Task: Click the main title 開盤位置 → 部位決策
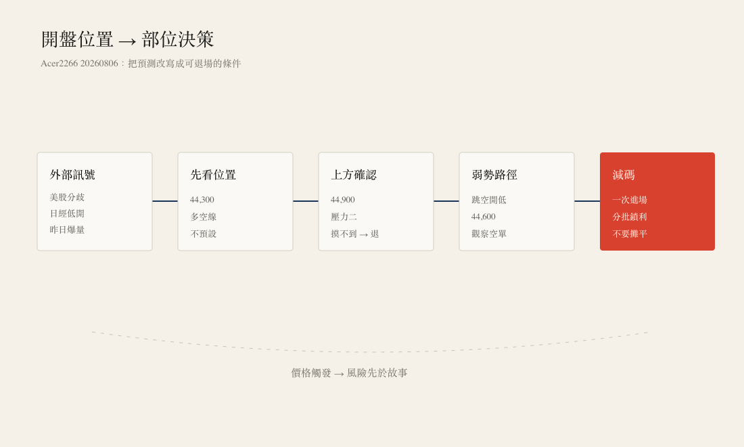pos(127,39)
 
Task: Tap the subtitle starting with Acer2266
pos(141,64)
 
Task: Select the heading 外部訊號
pos(72,175)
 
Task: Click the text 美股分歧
pos(67,197)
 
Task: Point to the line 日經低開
pos(67,214)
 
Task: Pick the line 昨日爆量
pos(67,230)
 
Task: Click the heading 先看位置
pos(213,175)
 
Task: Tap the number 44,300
pos(202,200)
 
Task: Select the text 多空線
pos(203,217)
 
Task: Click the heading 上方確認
pos(354,175)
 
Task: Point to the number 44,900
pos(343,200)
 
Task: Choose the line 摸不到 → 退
pos(355,234)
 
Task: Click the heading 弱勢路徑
pos(494,175)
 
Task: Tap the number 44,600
pos(484,217)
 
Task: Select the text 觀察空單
pos(489,234)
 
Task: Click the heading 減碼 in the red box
pos(624,175)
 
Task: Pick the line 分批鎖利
pos(630,217)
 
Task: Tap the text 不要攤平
pos(630,234)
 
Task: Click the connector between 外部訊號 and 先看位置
pos(165,201)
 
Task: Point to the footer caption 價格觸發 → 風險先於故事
pos(349,373)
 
